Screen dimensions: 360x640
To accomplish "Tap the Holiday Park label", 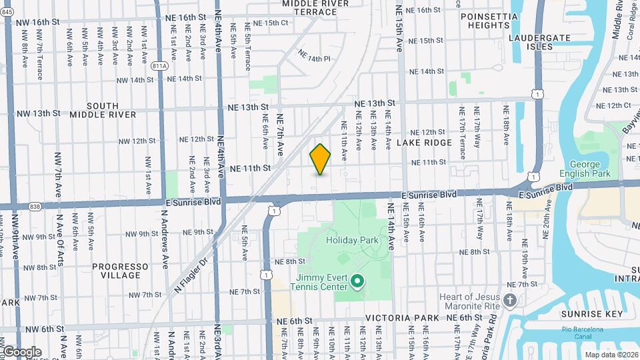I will pos(352,240).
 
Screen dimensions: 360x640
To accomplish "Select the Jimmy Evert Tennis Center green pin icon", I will pos(357,281).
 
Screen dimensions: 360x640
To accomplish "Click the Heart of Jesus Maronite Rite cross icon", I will pos(510,301).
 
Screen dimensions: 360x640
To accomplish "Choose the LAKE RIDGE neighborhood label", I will pos(419,143).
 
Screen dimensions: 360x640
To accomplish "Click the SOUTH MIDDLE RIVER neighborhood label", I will pos(103,110).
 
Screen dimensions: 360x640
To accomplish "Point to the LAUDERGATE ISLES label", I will pos(539,43).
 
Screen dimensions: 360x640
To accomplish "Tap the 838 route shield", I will pos(35,207).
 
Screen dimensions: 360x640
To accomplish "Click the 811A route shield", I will pos(160,67).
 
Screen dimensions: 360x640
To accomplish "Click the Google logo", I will pos(21,351).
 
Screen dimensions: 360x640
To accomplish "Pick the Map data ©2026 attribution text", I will pos(611,355).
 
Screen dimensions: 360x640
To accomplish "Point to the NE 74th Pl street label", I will pos(314,58).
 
